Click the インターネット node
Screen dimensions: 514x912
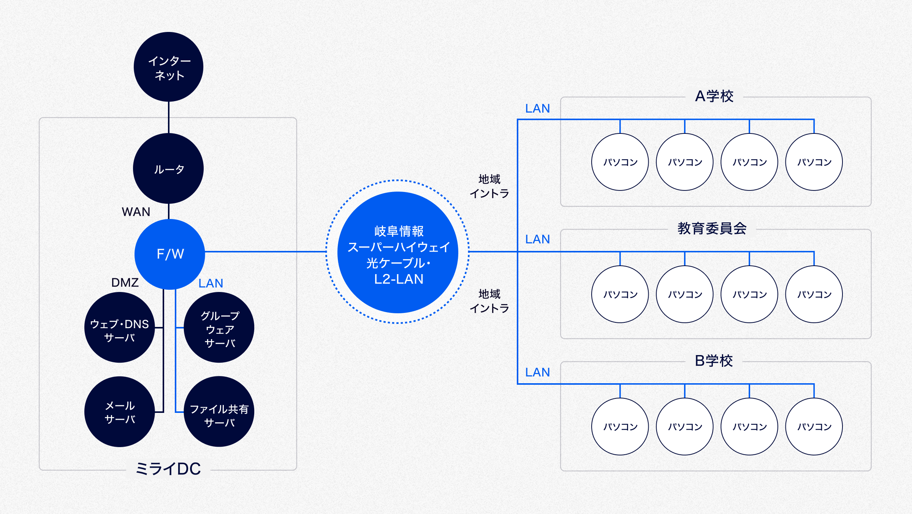[168, 67]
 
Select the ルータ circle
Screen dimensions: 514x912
[168, 168]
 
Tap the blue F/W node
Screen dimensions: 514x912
[170, 254]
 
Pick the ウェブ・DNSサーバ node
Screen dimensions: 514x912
[119, 327]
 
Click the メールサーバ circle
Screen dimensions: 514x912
[119, 412]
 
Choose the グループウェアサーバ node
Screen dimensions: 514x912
[219, 327]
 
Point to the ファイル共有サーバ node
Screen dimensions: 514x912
[219, 412]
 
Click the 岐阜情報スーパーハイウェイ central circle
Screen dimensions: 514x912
[398, 252]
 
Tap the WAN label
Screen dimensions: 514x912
[136, 212]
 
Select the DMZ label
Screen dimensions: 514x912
[125, 282]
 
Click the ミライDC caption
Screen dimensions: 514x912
[168, 469]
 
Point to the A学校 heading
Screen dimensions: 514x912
[714, 96]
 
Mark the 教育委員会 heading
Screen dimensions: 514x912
[712, 228]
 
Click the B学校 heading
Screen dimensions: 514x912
[714, 361]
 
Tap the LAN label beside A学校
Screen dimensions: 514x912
[537, 109]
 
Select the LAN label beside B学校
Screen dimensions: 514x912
[537, 372]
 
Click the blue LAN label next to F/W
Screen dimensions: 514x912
[211, 283]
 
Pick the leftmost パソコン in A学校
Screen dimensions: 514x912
[620, 162]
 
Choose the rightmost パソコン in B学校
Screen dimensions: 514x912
[814, 427]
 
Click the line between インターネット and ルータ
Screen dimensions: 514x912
[169, 117]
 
